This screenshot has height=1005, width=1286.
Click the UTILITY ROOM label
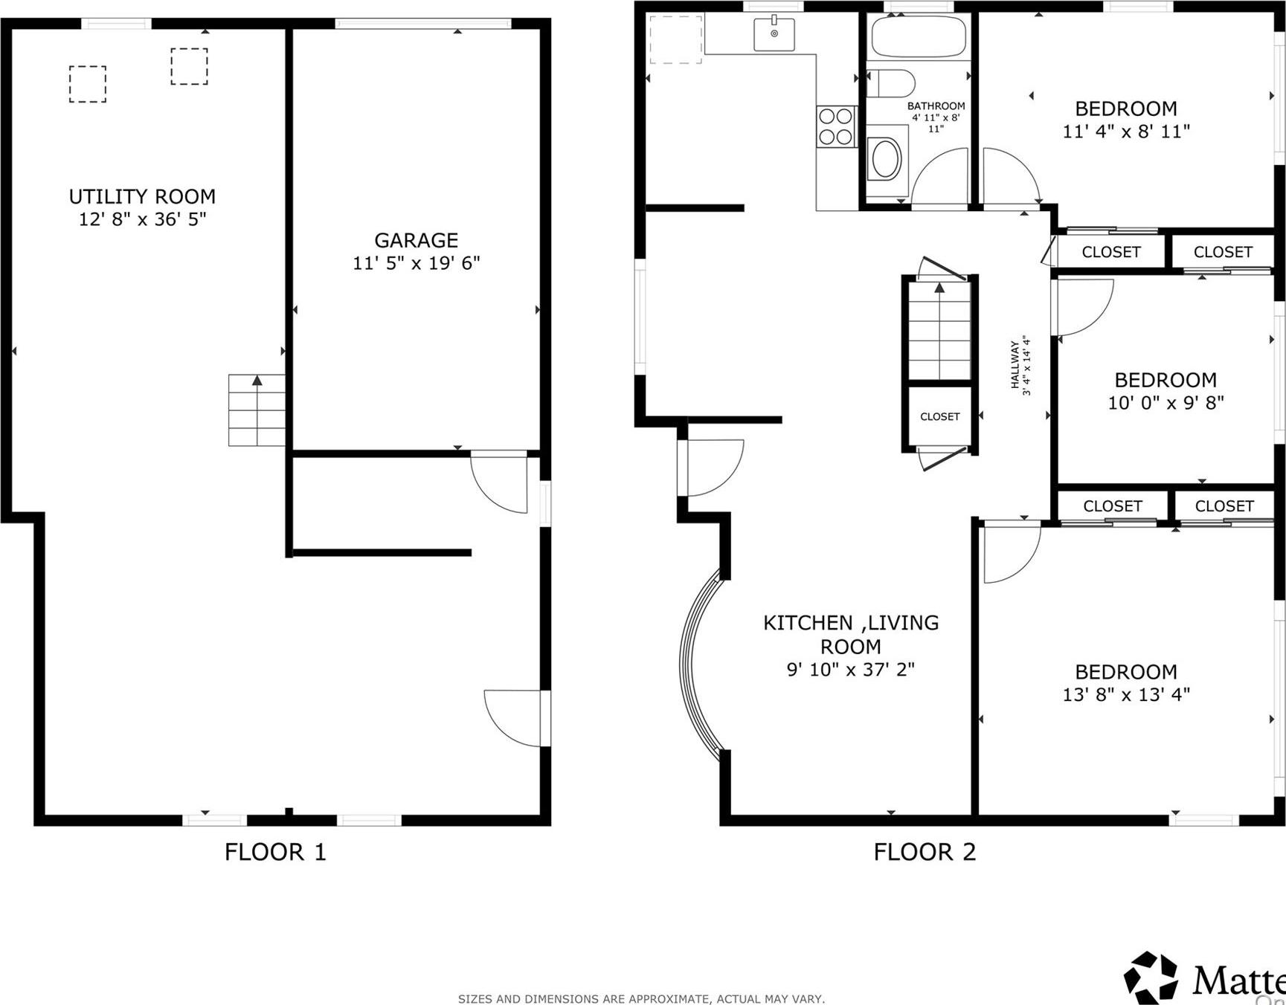point(142,197)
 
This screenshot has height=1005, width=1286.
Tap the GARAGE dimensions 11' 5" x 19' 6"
point(416,263)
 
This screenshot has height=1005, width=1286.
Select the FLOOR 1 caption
point(275,852)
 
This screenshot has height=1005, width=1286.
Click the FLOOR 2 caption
point(924,852)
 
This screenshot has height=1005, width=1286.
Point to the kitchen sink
point(774,33)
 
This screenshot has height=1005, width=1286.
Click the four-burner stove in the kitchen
point(835,126)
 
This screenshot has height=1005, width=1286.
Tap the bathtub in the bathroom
point(919,36)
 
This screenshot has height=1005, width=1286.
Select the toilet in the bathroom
point(890,83)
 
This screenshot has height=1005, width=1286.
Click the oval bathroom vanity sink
point(886,158)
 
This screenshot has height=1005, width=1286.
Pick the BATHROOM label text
point(936,106)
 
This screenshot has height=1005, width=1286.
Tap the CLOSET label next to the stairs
point(939,417)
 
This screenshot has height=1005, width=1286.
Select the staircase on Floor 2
point(939,331)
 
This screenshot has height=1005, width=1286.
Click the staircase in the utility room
point(257,410)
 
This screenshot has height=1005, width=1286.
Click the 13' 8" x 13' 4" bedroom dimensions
point(1126,694)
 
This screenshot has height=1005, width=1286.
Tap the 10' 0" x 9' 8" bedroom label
point(1165,381)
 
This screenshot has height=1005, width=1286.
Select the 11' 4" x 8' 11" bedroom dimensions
point(1126,132)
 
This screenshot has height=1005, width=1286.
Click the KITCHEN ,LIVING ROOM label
point(851,634)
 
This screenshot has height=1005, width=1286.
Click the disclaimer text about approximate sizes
point(641,999)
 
